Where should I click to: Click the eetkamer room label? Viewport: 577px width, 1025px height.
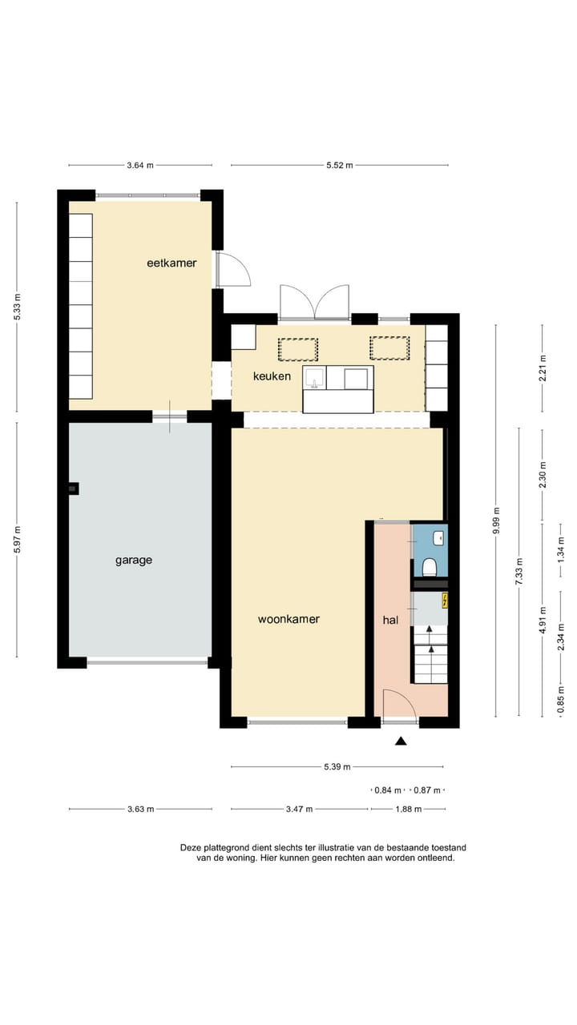coord(171,263)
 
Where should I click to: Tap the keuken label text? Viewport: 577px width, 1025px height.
coord(272,376)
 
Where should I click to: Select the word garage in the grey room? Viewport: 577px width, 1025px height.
coord(134,561)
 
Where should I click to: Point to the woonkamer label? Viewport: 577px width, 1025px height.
coord(288,619)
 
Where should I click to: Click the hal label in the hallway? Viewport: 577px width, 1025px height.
coord(390,619)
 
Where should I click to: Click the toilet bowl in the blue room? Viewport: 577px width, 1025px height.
coord(430,567)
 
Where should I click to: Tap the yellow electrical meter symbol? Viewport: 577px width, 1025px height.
coord(445,600)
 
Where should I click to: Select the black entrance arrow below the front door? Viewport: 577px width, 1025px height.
coord(401,742)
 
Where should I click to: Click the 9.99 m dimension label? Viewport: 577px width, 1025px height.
coord(497,521)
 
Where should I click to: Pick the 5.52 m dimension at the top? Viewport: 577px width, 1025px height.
coord(340,165)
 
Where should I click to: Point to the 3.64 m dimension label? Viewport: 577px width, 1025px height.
coord(139,165)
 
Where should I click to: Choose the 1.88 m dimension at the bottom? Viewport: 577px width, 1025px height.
coord(407,809)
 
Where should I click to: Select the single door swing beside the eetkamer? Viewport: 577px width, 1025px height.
coord(233,270)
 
